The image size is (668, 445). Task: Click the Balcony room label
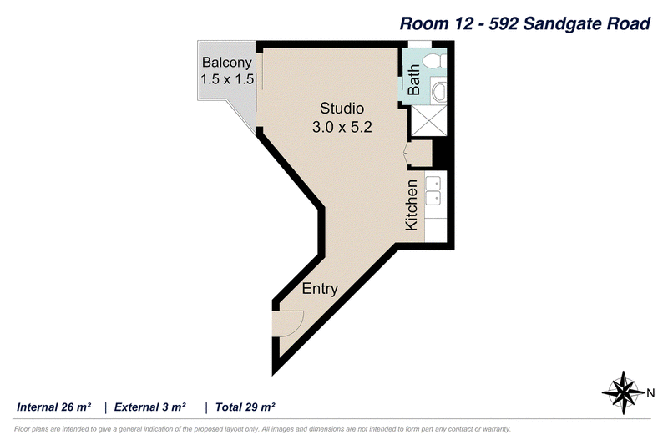click(x=226, y=63)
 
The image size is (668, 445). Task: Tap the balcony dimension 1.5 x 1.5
click(x=227, y=79)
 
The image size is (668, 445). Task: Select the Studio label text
click(x=342, y=109)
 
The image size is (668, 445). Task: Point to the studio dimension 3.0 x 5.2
click(x=342, y=127)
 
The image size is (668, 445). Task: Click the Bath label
click(x=413, y=79)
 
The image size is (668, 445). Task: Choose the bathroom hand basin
click(x=439, y=91)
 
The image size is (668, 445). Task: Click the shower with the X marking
click(x=428, y=121)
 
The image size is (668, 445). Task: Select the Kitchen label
click(x=412, y=205)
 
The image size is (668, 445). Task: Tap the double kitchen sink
click(x=433, y=190)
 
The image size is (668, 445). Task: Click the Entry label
click(x=320, y=289)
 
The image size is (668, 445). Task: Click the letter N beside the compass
click(x=650, y=393)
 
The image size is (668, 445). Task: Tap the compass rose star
click(x=624, y=392)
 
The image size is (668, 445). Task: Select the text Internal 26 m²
click(x=53, y=407)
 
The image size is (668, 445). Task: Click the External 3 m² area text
click(x=150, y=407)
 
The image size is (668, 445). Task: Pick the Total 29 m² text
click(x=245, y=407)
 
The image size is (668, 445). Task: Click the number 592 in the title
click(x=504, y=23)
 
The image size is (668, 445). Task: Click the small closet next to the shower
click(x=421, y=154)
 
